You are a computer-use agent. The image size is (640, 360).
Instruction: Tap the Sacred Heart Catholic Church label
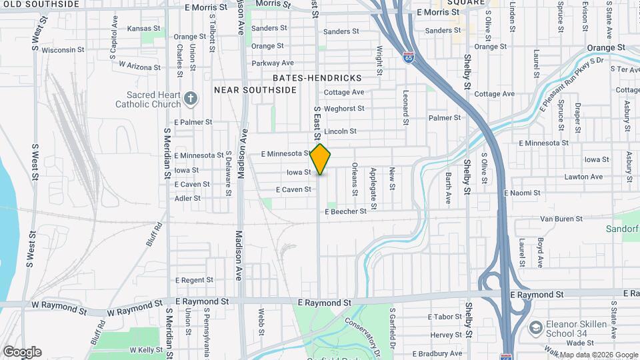148,99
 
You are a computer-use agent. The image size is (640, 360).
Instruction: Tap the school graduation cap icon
535,327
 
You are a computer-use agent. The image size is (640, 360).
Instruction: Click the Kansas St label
144,29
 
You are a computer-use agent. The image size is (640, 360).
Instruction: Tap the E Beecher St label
345,211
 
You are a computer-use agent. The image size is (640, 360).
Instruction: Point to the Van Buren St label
561,218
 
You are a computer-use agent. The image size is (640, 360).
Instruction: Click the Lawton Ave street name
584,177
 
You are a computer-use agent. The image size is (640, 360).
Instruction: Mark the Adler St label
187,198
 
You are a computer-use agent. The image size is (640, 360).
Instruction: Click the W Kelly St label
146,349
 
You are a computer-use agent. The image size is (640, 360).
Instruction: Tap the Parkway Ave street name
273,63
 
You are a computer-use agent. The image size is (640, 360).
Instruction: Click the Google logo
22,351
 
